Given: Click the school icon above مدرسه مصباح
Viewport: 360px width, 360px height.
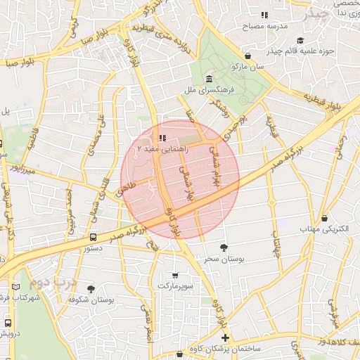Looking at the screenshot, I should (264, 14).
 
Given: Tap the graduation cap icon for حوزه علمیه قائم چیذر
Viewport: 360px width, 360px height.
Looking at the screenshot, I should (301, 40).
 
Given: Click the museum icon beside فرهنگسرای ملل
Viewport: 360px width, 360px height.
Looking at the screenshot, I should (210, 78).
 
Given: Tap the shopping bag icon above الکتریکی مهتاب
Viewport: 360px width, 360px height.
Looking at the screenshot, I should (323, 218).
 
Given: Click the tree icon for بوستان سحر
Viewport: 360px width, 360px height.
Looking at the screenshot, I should (224, 247).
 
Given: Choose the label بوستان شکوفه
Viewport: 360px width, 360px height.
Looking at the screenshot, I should (91, 300).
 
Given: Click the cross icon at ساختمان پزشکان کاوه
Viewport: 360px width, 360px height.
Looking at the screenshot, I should (225, 339).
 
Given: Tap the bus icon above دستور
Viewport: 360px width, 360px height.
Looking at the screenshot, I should (94, 237).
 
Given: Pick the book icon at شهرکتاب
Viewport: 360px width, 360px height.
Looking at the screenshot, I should (16, 287).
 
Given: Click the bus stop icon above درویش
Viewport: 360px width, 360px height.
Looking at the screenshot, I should (8, 323).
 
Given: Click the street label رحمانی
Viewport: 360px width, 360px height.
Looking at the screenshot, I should (342, 148).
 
